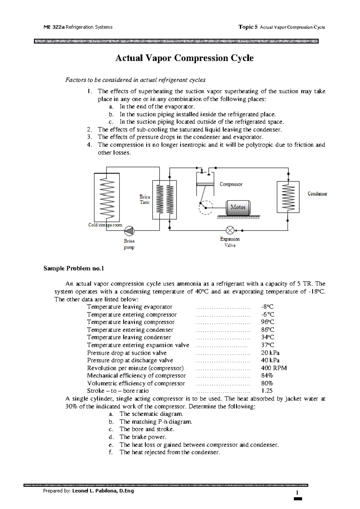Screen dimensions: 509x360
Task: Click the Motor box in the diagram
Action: click(238, 207)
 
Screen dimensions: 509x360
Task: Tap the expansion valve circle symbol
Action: click(230, 230)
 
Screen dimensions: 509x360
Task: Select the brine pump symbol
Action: click(129, 231)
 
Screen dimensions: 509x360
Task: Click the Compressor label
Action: click(231, 184)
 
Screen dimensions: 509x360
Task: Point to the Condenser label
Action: click(317, 194)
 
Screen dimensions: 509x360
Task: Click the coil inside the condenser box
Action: click(288, 197)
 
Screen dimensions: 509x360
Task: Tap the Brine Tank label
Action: click(145, 200)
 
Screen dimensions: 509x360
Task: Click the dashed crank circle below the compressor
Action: click(206, 207)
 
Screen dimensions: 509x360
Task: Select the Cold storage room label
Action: click(105, 225)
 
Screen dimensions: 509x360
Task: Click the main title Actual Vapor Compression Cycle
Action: click(184, 58)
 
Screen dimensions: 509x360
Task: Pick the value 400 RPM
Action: click(274, 368)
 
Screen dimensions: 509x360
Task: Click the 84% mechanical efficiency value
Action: click(267, 375)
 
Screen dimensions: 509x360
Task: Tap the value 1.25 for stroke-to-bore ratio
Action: click(267, 391)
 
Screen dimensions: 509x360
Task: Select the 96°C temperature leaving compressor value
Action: click(267, 322)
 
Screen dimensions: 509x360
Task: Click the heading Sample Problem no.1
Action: click(73, 268)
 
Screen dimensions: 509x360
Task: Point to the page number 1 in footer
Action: click(297, 492)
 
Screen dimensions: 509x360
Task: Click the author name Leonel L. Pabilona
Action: click(103, 491)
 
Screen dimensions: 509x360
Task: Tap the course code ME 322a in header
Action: click(54, 27)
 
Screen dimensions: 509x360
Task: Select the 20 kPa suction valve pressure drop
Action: click(270, 353)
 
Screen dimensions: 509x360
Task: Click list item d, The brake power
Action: click(143, 437)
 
